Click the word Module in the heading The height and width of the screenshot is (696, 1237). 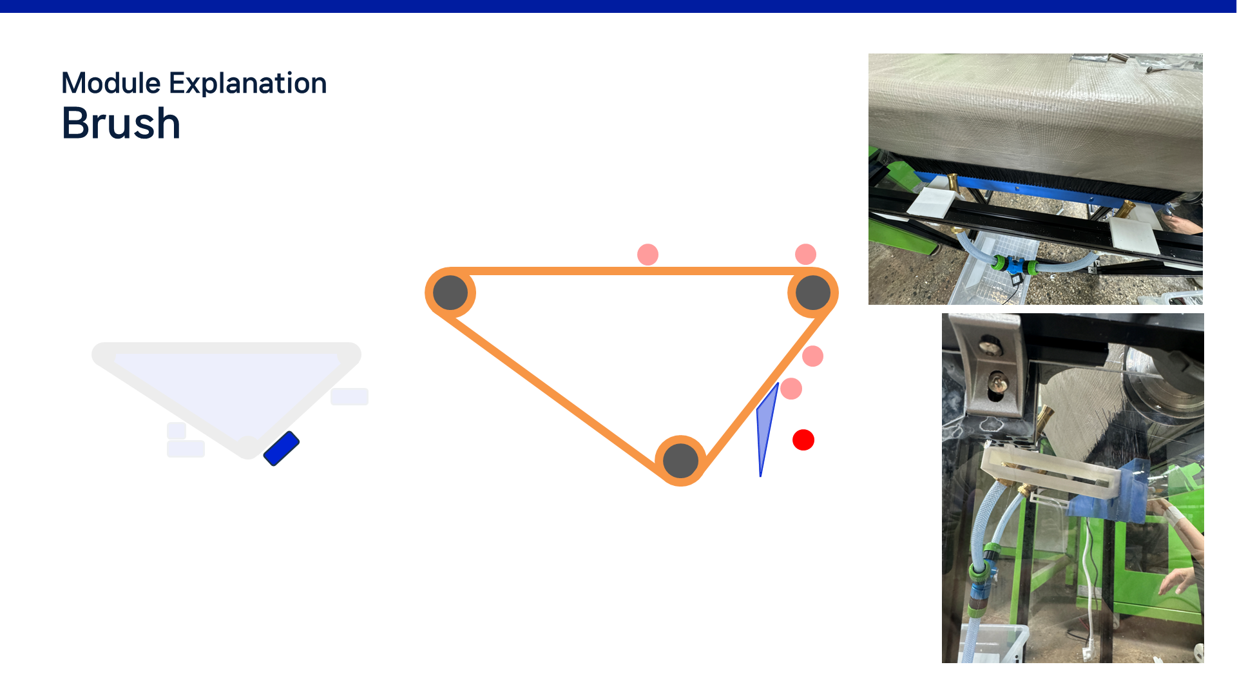tap(111, 83)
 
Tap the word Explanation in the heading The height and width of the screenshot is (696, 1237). tap(248, 84)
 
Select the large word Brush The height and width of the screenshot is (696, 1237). tap(121, 123)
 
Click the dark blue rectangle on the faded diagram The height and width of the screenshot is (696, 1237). tap(282, 449)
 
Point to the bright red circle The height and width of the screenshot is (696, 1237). tap(803, 440)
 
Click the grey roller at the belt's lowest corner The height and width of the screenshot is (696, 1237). tap(681, 460)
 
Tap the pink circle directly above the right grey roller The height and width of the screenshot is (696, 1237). tap(806, 254)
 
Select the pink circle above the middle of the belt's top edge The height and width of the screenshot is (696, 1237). tap(647, 255)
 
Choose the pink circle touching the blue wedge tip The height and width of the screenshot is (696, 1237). tap(791, 389)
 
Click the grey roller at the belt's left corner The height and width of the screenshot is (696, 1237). tap(450, 293)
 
